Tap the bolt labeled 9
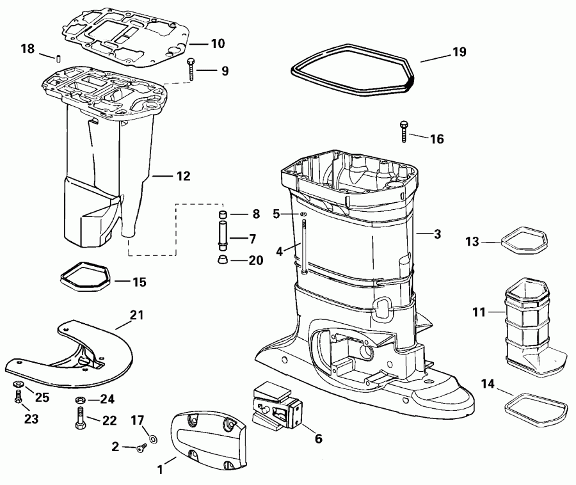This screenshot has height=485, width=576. coord(191,69)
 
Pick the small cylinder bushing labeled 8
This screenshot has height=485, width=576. coord(223,214)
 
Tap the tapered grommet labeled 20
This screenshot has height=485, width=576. coord(223,260)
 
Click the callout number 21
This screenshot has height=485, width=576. coord(137,315)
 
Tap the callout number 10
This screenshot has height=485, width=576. coord(218,44)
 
